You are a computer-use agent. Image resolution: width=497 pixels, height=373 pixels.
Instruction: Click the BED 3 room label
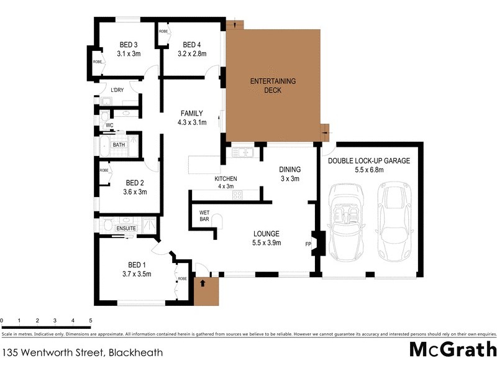click(x=129, y=44)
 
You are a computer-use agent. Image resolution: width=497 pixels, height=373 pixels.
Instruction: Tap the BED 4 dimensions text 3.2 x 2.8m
click(x=191, y=54)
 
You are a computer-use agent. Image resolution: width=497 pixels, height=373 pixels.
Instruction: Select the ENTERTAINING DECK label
click(x=273, y=86)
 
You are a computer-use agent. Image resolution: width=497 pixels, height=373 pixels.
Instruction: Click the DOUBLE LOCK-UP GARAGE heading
click(x=368, y=160)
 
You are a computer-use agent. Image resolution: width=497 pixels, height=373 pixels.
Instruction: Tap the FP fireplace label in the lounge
click(x=308, y=244)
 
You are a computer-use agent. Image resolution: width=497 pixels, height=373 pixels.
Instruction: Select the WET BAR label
click(x=204, y=215)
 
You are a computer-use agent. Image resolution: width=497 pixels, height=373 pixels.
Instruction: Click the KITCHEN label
click(x=226, y=178)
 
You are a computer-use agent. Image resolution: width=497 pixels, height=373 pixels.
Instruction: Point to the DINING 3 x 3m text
click(x=290, y=173)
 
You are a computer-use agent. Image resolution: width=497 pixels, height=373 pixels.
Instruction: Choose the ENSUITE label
click(x=127, y=229)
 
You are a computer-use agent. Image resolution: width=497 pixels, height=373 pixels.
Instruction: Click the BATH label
click(x=119, y=145)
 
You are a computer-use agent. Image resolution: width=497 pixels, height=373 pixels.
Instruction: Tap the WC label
click(x=109, y=125)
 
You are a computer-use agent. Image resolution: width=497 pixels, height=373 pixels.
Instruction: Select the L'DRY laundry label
click(x=117, y=90)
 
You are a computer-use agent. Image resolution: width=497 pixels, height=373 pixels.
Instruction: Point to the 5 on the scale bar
click(x=91, y=321)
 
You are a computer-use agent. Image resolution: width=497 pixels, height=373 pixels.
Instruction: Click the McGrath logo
click(x=452, y=349)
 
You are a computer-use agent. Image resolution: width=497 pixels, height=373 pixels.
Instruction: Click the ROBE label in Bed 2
click(x=104, y=170)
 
